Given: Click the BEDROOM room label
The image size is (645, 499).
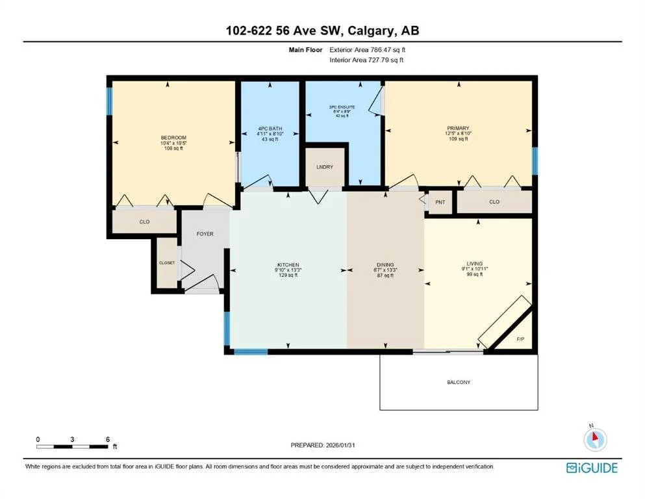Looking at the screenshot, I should tap(173, 138).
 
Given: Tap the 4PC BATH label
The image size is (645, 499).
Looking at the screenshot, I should tap(269, 129).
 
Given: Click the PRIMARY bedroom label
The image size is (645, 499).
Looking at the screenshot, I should tap(459, 129).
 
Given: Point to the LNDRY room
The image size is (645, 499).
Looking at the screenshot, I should tap(324, 168).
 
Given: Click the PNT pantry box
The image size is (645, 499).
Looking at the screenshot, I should tap(440, 202).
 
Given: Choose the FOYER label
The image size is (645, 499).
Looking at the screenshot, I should tap(205, 234).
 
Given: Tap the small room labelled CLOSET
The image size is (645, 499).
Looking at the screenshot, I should tap(167, 263).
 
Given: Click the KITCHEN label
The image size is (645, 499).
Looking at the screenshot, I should tap(288, 265).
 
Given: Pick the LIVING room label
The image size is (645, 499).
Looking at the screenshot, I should tap(474, 264).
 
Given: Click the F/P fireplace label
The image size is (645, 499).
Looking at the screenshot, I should tap(520, 339).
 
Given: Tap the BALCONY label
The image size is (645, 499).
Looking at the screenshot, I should tap(459, 382).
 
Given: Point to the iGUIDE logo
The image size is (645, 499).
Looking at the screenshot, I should tap(592, 467).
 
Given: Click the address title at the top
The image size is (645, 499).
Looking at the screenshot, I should tap(322, 31).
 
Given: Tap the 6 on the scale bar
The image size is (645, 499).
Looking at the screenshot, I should tap(107, 439).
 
